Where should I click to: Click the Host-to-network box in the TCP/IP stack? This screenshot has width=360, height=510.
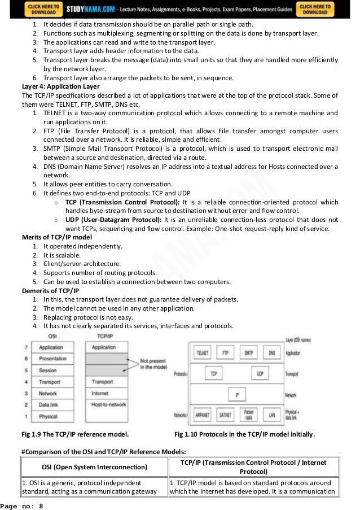pyautogui.click(x=109, y=405)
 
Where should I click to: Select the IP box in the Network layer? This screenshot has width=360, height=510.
pyautogui.click(x=236, y=395)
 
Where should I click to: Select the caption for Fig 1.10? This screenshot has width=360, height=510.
pyautogui.click(x=244, y=434)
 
